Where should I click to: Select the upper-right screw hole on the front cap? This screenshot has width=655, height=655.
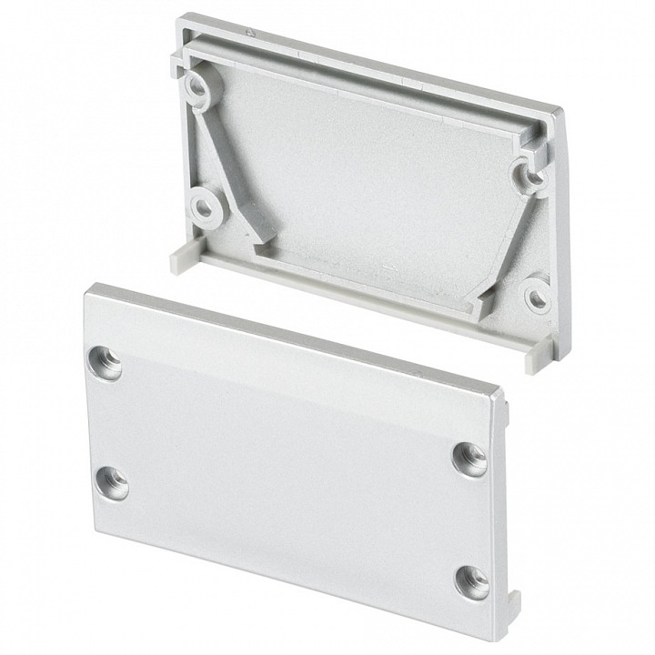click(469, 457)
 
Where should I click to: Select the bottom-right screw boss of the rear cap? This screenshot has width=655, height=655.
click(539, 295)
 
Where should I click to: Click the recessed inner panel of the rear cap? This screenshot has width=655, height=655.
click(364, 173)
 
